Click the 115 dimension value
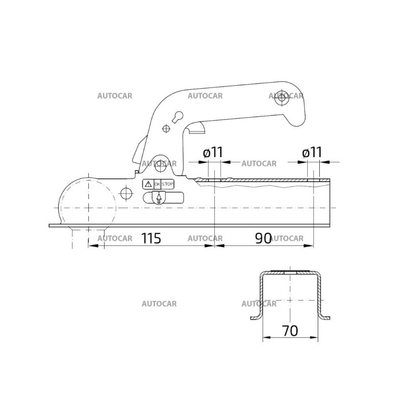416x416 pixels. pos(151,238)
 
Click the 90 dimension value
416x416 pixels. pos(263,238)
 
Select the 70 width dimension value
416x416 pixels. pos(290,331)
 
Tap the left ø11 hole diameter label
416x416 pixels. pos(213,152)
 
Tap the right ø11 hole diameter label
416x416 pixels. pos(312,152)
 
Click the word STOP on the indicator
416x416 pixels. pos(167,184)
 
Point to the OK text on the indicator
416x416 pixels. pos(158,184)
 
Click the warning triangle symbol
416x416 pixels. pos(148,184)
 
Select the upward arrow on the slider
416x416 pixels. pos(159,198)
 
